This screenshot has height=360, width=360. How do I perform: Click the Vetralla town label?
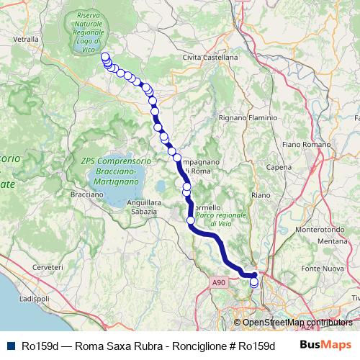point(24,40)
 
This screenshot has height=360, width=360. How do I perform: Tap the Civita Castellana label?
point(210,57)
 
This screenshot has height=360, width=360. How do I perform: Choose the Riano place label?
point(261,194)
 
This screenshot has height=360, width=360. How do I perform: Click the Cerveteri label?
point(48,266)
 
